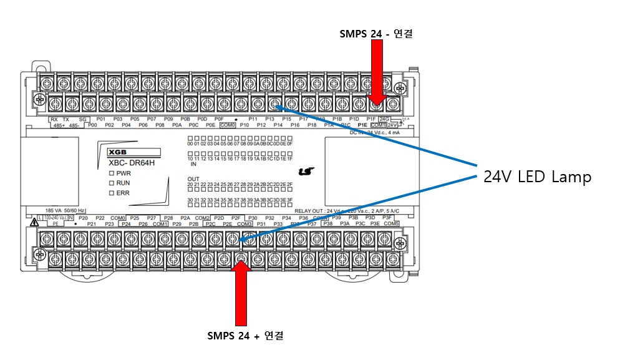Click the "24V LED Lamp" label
(537, 177)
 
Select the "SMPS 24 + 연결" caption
(245, 336)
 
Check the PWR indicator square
(111, 173)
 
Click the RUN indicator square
(111, 183)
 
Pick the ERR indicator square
(111, 193)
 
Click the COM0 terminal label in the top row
(227, 125)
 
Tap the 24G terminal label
(384, 119)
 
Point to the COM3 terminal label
(245, 223)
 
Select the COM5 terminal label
(391, 223)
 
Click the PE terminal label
(56, 223)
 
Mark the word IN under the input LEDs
(193, 165)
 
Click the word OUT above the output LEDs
(194, 178)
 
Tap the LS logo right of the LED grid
(305, 170)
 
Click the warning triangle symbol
(31, 222)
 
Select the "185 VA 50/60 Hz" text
(66, 211)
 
